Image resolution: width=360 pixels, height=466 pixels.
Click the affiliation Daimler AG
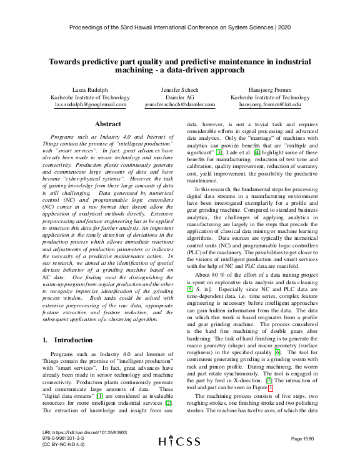pos(180,97)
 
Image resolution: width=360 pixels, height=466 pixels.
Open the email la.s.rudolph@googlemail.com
pos(90,105)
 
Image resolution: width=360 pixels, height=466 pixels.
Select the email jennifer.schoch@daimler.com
pos(180,105)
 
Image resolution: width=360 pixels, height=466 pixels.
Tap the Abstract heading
pos(107,125)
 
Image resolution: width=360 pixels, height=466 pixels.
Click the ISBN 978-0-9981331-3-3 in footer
pos(63,439)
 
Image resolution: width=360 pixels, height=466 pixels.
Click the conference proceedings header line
pos(180,28)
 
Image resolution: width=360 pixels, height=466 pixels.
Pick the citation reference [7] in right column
pos(251,380)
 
